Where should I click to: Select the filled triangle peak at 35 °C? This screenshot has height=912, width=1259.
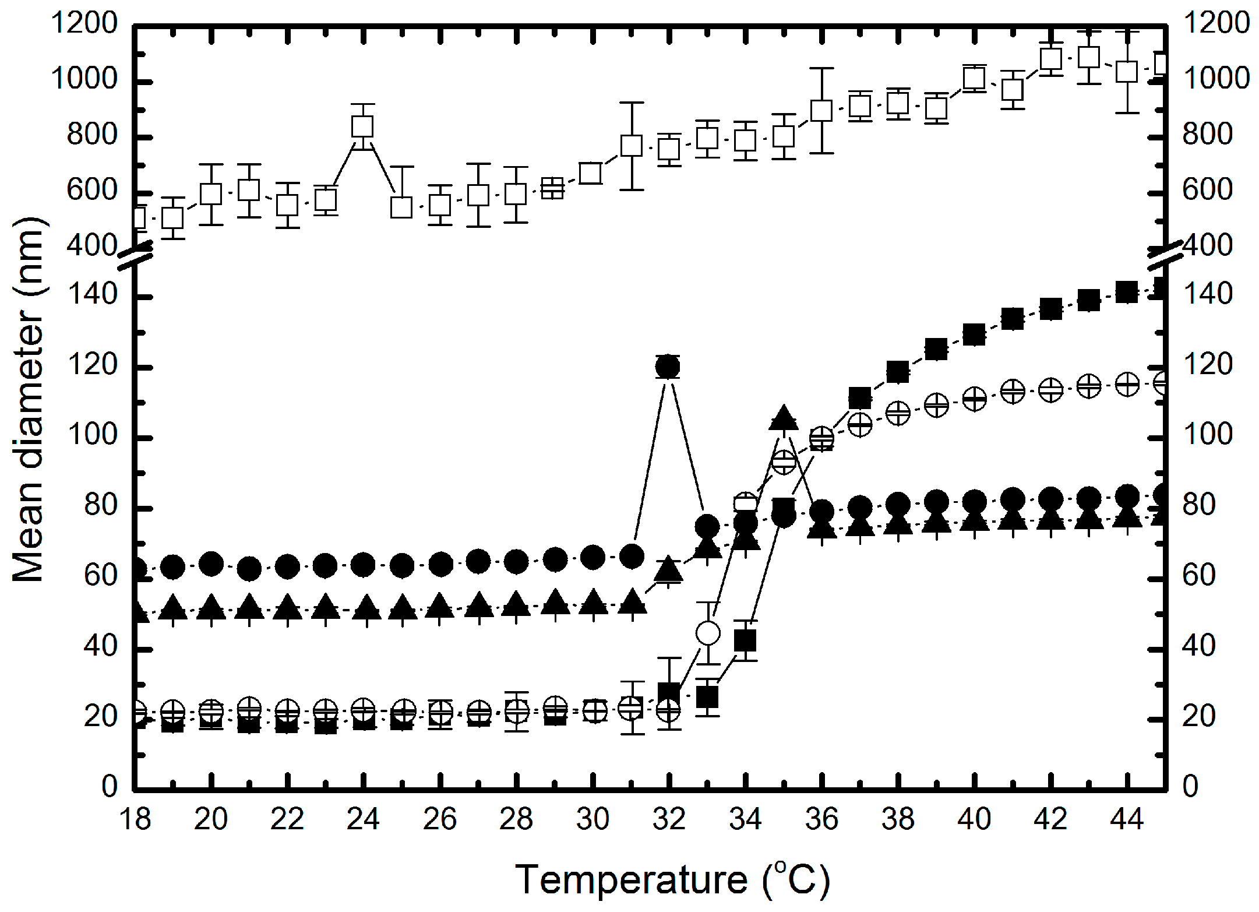[783, 418]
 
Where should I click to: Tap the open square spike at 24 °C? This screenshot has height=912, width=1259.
[363, 126]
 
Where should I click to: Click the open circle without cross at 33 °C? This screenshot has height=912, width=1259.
[708, 633]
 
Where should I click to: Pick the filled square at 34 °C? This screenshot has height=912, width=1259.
[745, 641]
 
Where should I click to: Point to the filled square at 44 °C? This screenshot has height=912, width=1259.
[1127, 292]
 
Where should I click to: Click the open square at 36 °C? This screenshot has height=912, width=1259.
[821, 110]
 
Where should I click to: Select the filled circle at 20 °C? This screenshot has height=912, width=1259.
[211, 564]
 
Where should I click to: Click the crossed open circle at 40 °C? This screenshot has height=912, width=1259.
[974, 400]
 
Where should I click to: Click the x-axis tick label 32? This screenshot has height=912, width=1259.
[669, 820]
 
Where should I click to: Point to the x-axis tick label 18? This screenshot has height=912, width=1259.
[135, 820]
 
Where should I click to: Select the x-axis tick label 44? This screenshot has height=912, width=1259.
[1127, 820]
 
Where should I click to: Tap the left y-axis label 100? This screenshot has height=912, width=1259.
[93, 436]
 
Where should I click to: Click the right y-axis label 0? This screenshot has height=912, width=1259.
[1190, 787]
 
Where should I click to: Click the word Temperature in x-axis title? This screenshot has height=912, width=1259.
[632, 879]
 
